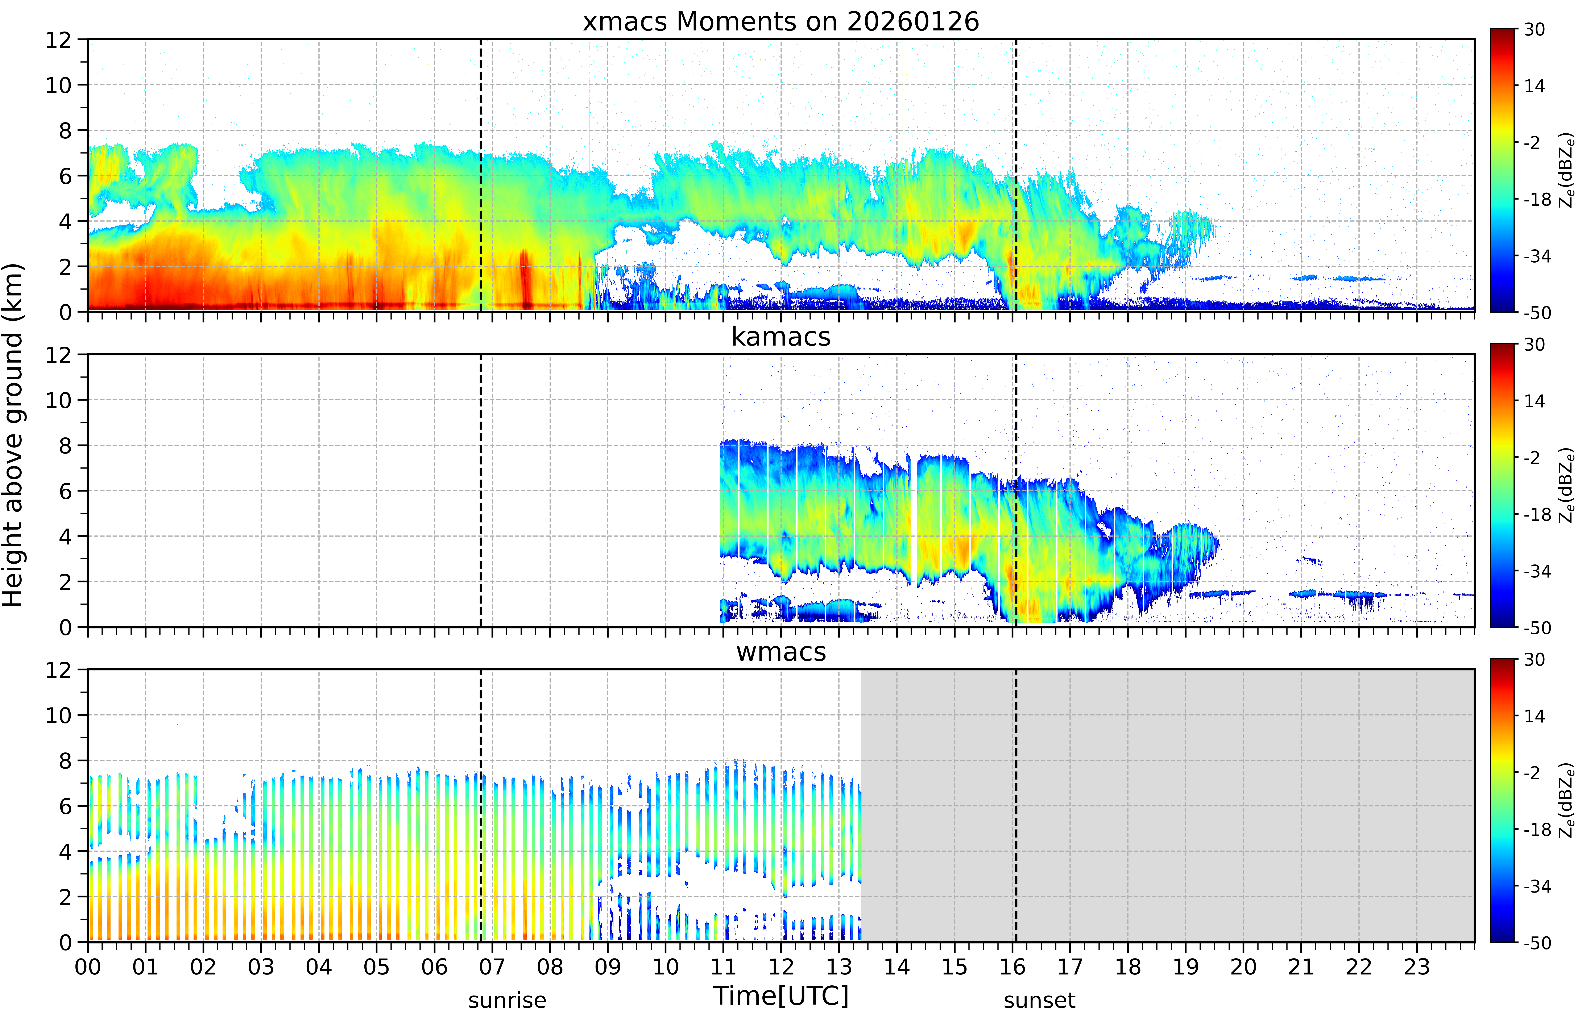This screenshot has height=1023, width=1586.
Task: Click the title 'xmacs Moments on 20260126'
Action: [x=781, y=22]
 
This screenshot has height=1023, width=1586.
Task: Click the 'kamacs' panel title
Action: [x=781, y=337]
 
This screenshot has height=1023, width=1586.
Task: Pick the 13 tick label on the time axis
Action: [x=838, y=966]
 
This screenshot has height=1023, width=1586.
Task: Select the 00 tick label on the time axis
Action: [x=88, y=966]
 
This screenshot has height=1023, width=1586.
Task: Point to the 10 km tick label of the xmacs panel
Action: [x=58, y=85]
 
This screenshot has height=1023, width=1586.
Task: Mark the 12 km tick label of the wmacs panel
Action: [x=58, y=670]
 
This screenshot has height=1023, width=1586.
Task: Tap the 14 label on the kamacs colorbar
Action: [x=1534, y=401]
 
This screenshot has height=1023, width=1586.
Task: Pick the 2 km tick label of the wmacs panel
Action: [x=65, y=897]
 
